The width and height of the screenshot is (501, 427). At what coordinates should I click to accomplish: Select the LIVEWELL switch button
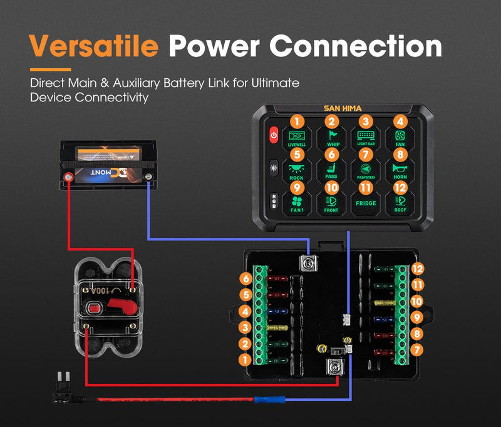(x=296, y=137)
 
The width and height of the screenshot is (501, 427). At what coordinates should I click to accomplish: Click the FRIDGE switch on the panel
(x=366, y=203)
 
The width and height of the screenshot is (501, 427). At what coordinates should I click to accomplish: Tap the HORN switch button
(x=400, y=170)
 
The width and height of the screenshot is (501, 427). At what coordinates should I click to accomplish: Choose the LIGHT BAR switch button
(x=366, y=137)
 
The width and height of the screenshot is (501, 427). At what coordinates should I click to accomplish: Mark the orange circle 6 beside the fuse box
(x=246, y=279)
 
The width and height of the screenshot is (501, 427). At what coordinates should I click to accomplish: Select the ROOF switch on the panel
(x=400, y=203)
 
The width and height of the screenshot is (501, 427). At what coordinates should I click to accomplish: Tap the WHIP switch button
(x=331, y=137)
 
